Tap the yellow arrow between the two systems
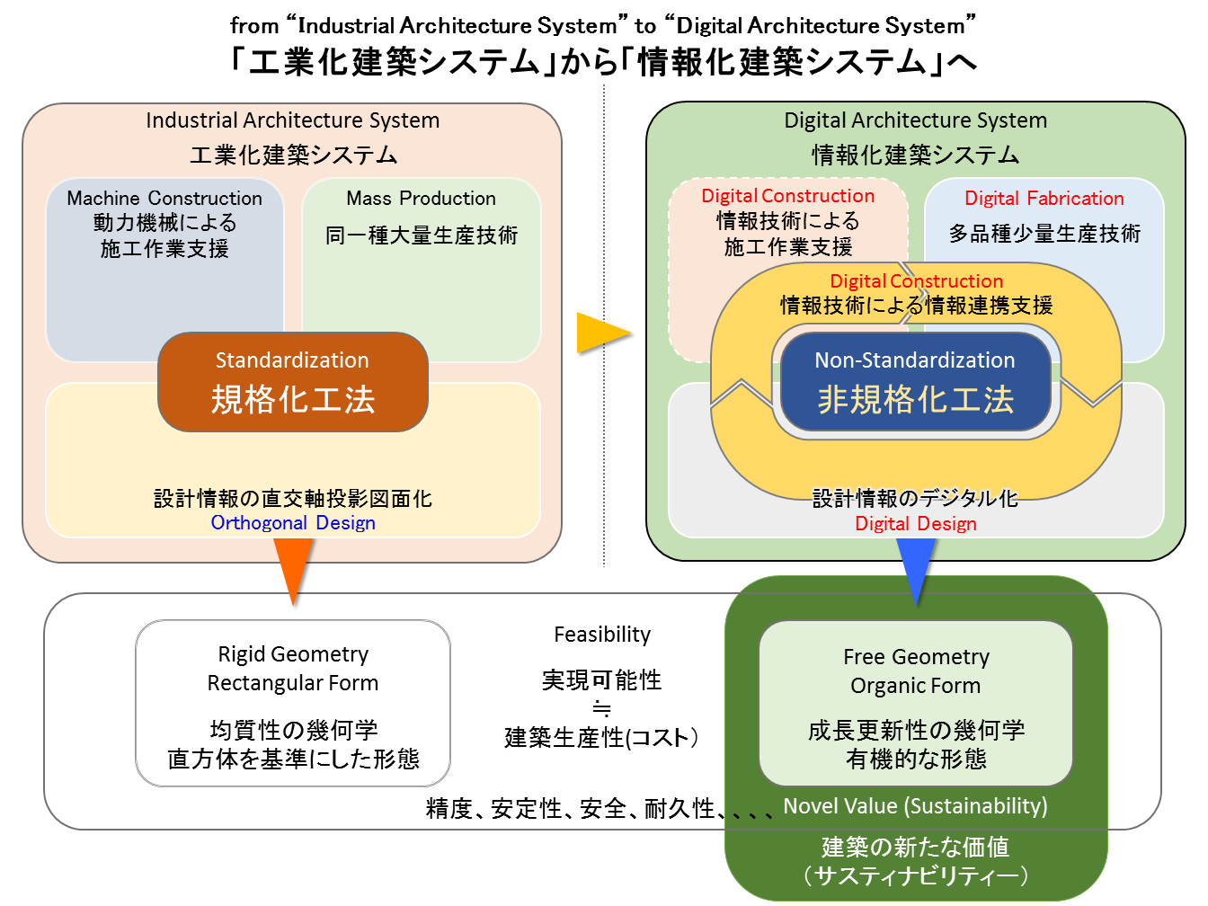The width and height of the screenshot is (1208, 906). pyautogui.click(x=600, y=333)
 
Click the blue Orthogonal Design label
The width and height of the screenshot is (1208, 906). pyautogui.click(x=293, y=523)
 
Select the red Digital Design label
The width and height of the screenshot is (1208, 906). pyautogui.click(x=916, y=524)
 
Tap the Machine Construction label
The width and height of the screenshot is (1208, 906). pyautogui.click(x=164, y=199)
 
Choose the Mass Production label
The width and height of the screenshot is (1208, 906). pyautogui.click(x=421, y=199)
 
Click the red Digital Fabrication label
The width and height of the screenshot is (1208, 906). pyautogui.click(x=1044, y=199)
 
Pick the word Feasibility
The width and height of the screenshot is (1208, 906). pyautogui.click(x=602, y=635)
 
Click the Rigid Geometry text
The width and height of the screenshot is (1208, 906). pyautogui.click(x=293, y=654)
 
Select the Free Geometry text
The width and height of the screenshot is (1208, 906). pyautogui.click(x=916, y=657)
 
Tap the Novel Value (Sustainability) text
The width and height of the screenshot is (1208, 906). pyautogui.click(x=915, y=806)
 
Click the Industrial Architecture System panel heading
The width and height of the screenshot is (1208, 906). pyautogui.click(x=293, y=120)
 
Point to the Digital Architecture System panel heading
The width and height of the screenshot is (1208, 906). pyautogui.click(x=915, y=120)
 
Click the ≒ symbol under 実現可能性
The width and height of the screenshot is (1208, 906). pyautogui.click(x=602, y=708)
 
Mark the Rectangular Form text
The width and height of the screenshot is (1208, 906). pyautogui.click(x=293, y=683)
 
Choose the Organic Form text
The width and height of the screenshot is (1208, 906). pyautogui.click(x=916, y=686)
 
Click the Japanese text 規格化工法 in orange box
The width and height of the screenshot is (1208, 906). pyautogui.click(x=293, y=400)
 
